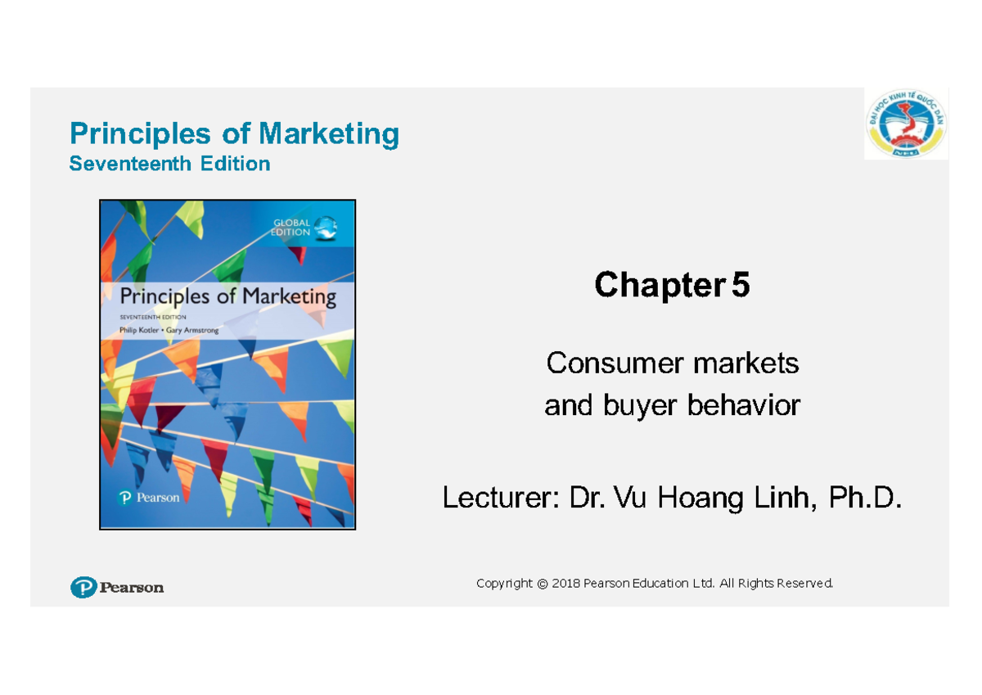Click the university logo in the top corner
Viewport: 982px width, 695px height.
[906, 125]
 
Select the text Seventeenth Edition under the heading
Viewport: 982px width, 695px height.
[169, 164]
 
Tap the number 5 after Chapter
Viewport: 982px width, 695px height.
[740, 286]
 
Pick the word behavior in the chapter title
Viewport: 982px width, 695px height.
[746, 404]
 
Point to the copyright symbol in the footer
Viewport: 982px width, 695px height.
[541, 584]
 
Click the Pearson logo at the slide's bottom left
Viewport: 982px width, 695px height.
[117, 587]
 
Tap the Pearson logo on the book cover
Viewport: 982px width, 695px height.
[148, 498]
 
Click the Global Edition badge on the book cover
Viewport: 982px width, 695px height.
[303, 227]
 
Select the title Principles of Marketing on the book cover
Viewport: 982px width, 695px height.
[227, 296]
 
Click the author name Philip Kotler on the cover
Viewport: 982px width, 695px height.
[144, 329]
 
